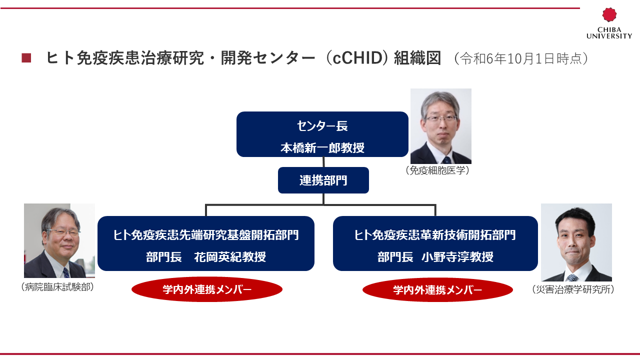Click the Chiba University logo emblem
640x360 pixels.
pyautogui.click(x=609, y=14)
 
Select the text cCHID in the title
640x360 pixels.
pyautogui.click(x=357, y=57)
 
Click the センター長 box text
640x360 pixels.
pyautogui.click(x=322, y=125)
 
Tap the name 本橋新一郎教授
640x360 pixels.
pyautogui.click(x=322, y=147)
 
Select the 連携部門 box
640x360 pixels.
pyautogui.click(x=323, y=180)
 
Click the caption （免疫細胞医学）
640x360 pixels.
pyautogui.click(x=437, y=170)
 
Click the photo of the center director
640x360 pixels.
pyautogui.click(x=441, y=126)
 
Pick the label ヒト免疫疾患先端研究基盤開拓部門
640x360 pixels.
pyautogui.click(x=206, y=235)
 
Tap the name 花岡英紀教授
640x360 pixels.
pyautogui.click(x=230, y=256)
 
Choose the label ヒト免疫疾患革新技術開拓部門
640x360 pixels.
pyautogui.click(x=435, y=235)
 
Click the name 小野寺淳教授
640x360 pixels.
pyautogui.click(x=457, y=256)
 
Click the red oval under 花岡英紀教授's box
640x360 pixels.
pyautogui.click(x=207, y=289)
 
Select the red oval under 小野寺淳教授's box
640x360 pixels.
pyautogui.click(x=437, y=290)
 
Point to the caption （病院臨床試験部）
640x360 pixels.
pyautogui.click(x=57, y=287)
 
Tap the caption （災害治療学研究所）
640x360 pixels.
pyautogui.click(x=573, y=289)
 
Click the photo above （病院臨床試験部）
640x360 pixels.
pyautogui.click(x=59, y=240)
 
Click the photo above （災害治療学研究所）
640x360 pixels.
pyautogui.click(x=576, y=242)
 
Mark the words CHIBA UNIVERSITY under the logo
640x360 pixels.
pyautogui.click(x=609, y=33)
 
